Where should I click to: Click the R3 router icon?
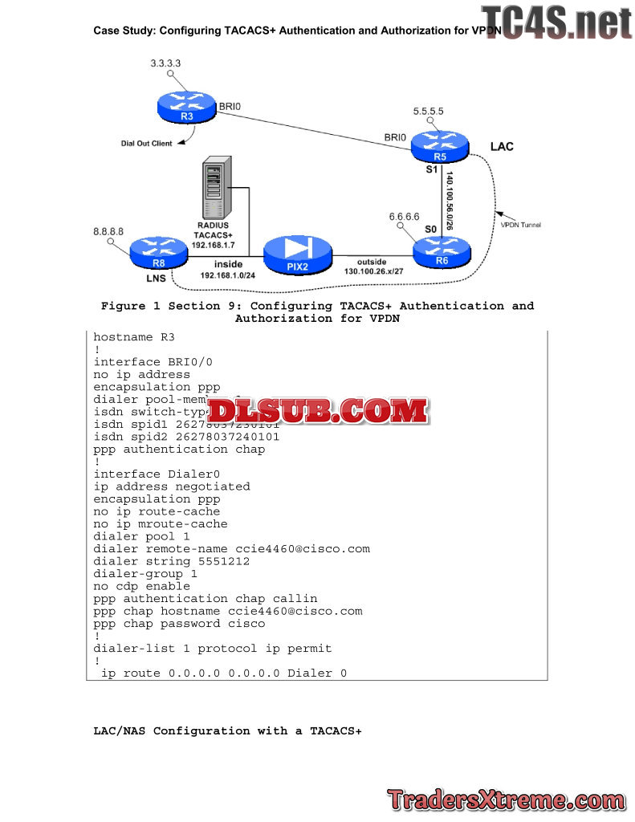pyautogui.click(x=187, y=107)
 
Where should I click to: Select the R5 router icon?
pyautogui.click(x=439, y=146)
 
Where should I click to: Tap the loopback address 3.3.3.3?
pyautogui.click(x=165, y=62)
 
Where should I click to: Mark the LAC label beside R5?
pyautogui.click(x=502, y=147)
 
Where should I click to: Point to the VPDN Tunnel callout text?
pyautogui.click(x=521, y=225)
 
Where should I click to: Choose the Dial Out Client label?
pyautogui.click(x=147, y=144)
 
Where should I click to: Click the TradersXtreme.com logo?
pyautogui.click(x=506, y=800)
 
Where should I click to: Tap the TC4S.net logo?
pyautogui.click(x=556, y=22)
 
